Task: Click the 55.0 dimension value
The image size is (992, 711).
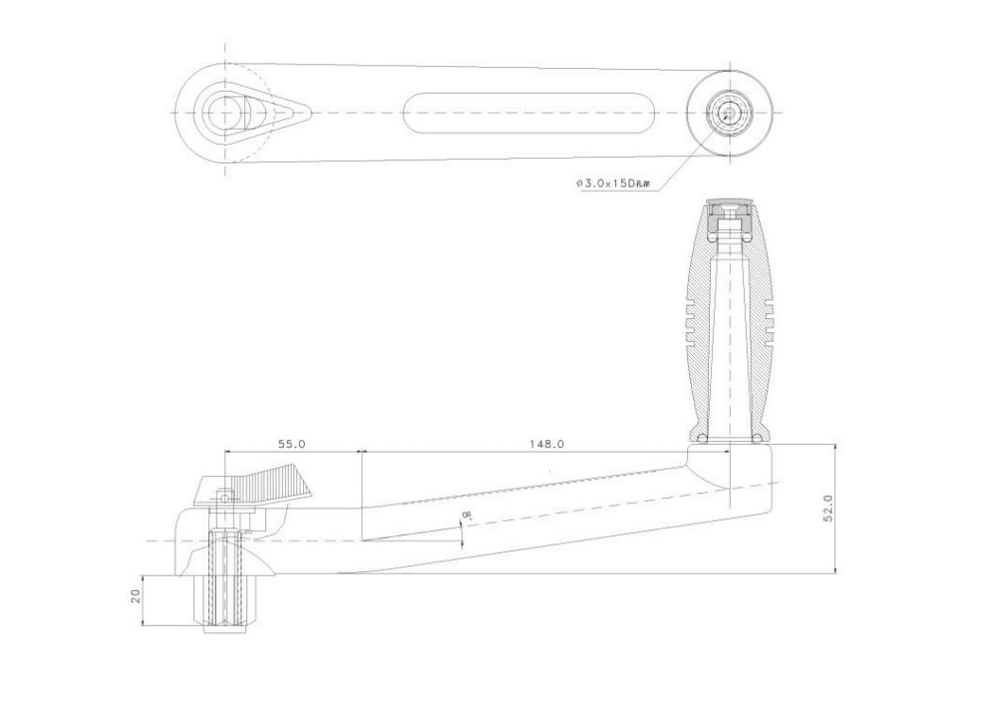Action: (292, 444)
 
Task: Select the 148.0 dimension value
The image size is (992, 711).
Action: (546, 444)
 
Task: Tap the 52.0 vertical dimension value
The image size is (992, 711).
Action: (828, 508)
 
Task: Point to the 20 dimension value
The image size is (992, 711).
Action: (135, 595)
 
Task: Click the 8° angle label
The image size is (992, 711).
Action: (467, 516)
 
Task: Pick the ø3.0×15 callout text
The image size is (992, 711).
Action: (612, 184)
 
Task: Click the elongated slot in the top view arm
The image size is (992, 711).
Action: (528, 113)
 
